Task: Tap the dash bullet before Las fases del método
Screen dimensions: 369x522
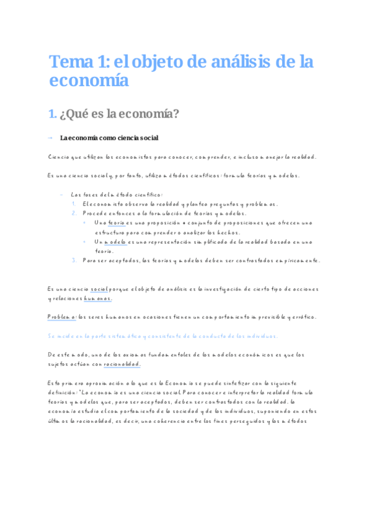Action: click(x=62, y=195)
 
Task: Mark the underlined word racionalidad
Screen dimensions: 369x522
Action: click(x=123, y=364)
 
